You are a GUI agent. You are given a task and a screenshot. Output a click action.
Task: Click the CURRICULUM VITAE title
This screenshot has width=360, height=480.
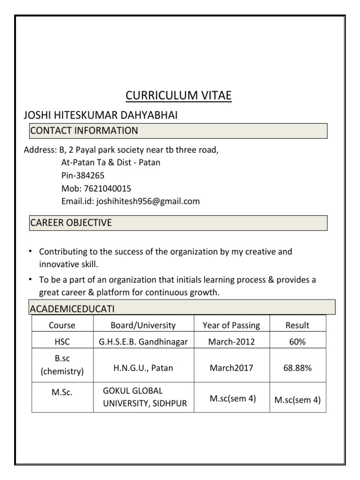(x=179, y=96)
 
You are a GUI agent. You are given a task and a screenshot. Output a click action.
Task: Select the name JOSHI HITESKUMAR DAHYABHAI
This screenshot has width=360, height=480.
(x=100, y=115)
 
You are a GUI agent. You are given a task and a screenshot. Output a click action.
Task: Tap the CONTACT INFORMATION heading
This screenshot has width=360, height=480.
(x=84, y=130)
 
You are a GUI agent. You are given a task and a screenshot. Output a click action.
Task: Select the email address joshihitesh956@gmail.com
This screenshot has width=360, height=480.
(x=148, y=202)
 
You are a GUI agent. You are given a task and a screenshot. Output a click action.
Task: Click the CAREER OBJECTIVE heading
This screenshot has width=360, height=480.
(x=71, y=223)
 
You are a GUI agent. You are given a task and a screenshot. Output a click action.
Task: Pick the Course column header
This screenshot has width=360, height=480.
(x=62, y=325)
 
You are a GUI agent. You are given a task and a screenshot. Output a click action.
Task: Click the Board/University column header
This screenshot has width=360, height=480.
(x=143, y=325)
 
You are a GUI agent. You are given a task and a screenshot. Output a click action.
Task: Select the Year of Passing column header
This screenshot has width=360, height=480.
(x=231, y=325)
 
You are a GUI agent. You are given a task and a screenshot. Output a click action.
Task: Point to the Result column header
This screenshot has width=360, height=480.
(x=297, y=325)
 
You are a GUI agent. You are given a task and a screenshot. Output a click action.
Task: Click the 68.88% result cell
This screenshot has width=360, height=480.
(x=297, y=368)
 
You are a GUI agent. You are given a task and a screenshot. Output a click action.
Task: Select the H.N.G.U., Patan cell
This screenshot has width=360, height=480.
(x=143, y=368)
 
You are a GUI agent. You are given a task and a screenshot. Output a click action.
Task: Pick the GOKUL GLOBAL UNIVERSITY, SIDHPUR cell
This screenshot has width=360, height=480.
(x=145, y=397)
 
